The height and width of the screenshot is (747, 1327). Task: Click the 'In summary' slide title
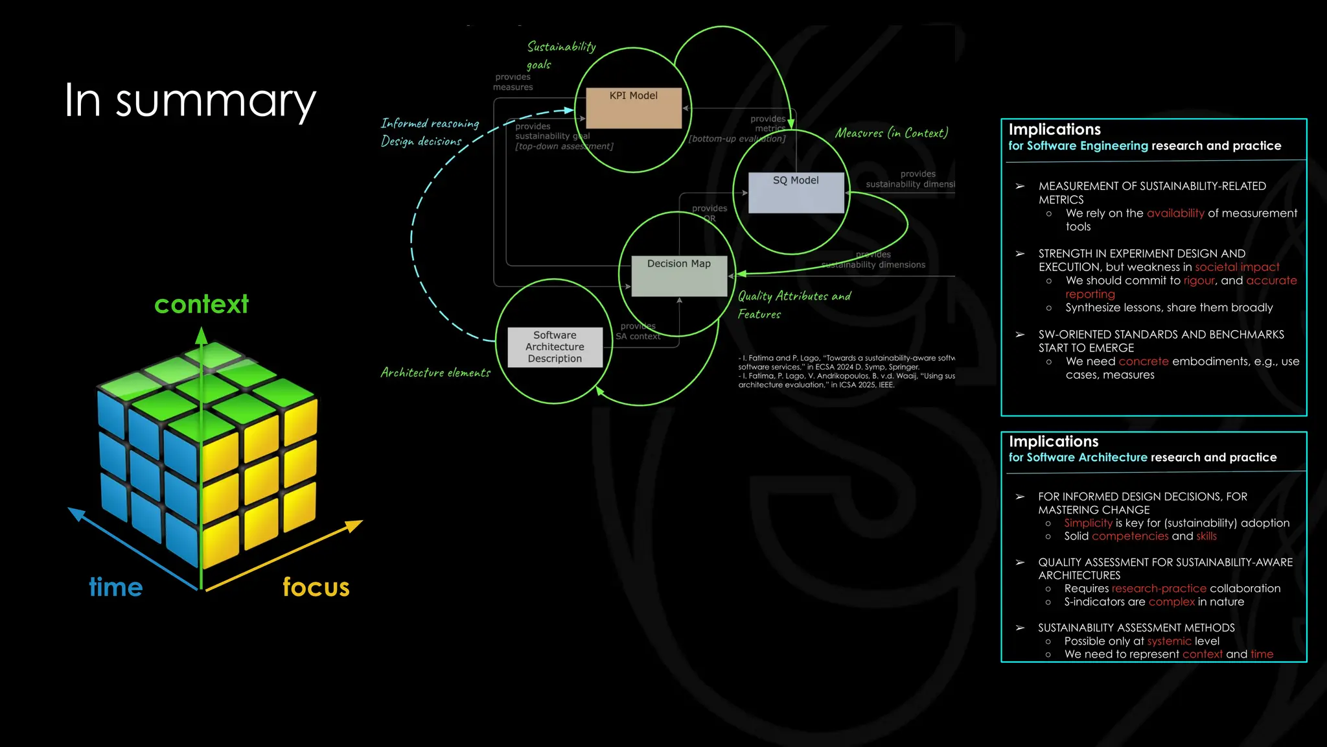pos(190,101)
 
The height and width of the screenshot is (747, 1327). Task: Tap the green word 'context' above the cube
pos(201,304)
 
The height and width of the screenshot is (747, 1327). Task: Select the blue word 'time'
pos(115,587)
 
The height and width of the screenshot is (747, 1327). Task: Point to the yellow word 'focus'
pos(316,587)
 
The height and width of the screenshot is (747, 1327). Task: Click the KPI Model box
pos(633,108)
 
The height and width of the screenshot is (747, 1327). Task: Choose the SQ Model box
pos(796,193)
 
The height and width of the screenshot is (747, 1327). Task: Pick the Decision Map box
pos(678,276)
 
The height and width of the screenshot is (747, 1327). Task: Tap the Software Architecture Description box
pos(555,347)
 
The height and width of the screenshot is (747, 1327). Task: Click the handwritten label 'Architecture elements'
pos(435,373)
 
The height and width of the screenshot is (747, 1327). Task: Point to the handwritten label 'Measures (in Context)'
pos(891,133)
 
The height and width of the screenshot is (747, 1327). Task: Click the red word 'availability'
pos(1175,213)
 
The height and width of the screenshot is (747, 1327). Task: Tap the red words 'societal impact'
pos(1237,267)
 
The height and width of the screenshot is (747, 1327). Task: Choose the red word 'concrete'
pos(1143,361)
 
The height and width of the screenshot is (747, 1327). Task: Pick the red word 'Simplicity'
pos(1088,523)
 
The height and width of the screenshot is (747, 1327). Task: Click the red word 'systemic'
pos(1169,641)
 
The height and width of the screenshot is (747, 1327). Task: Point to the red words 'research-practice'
pos(1159,588)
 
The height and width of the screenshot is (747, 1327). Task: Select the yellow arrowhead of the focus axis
pos(354,525)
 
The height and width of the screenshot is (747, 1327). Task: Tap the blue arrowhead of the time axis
pos(76,514)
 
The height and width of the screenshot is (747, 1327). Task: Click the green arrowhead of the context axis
pos(202,335)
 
